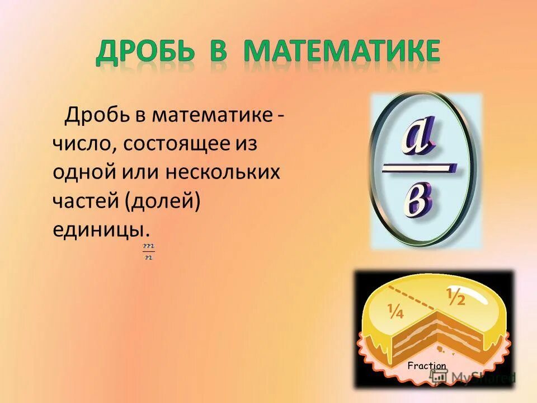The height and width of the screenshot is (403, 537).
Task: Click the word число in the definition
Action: click(82, 144)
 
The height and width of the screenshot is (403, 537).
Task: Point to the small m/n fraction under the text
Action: click(148, 251)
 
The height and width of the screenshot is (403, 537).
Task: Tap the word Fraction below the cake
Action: click(427, 366)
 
